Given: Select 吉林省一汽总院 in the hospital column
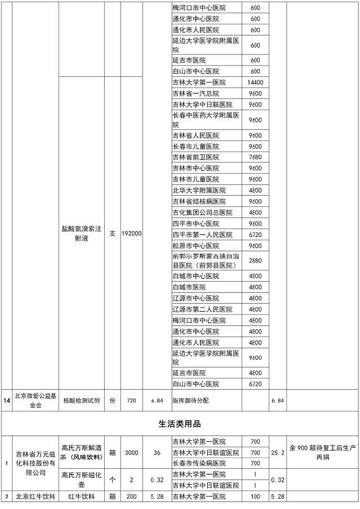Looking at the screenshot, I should click(x=195, y=93).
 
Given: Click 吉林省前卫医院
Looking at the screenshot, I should click(x=195, y=157).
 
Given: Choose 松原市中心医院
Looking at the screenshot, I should click(x=195, y=245).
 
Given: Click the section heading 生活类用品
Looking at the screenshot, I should click(x=179, y=423).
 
